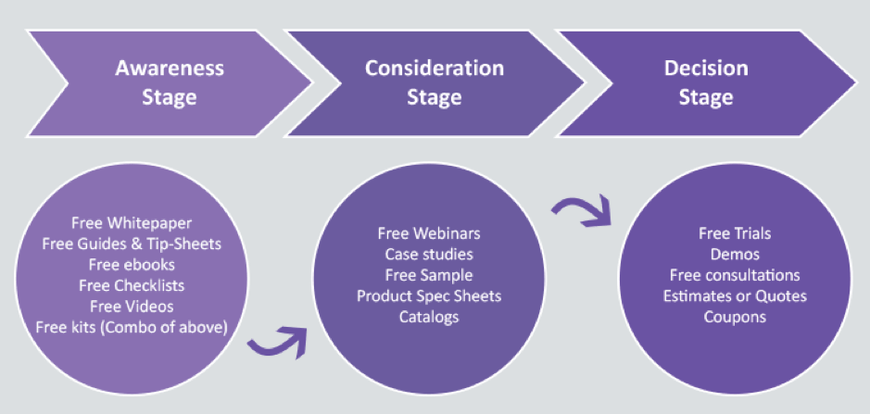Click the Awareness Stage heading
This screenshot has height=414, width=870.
pyautogui.click(x=169, y=83)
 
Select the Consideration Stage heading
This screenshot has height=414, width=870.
pyautogui.click(x=435, y=82)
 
